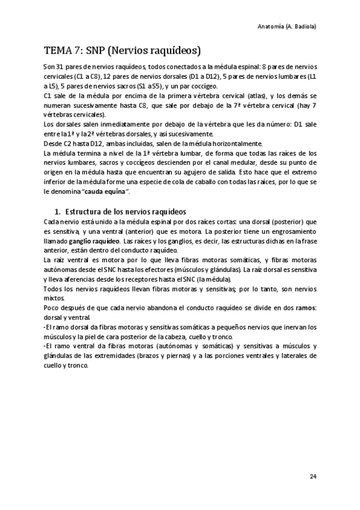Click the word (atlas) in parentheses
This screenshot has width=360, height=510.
[237, 96]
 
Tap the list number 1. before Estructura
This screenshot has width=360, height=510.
[58, 212]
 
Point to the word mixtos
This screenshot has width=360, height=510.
[54, 298]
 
